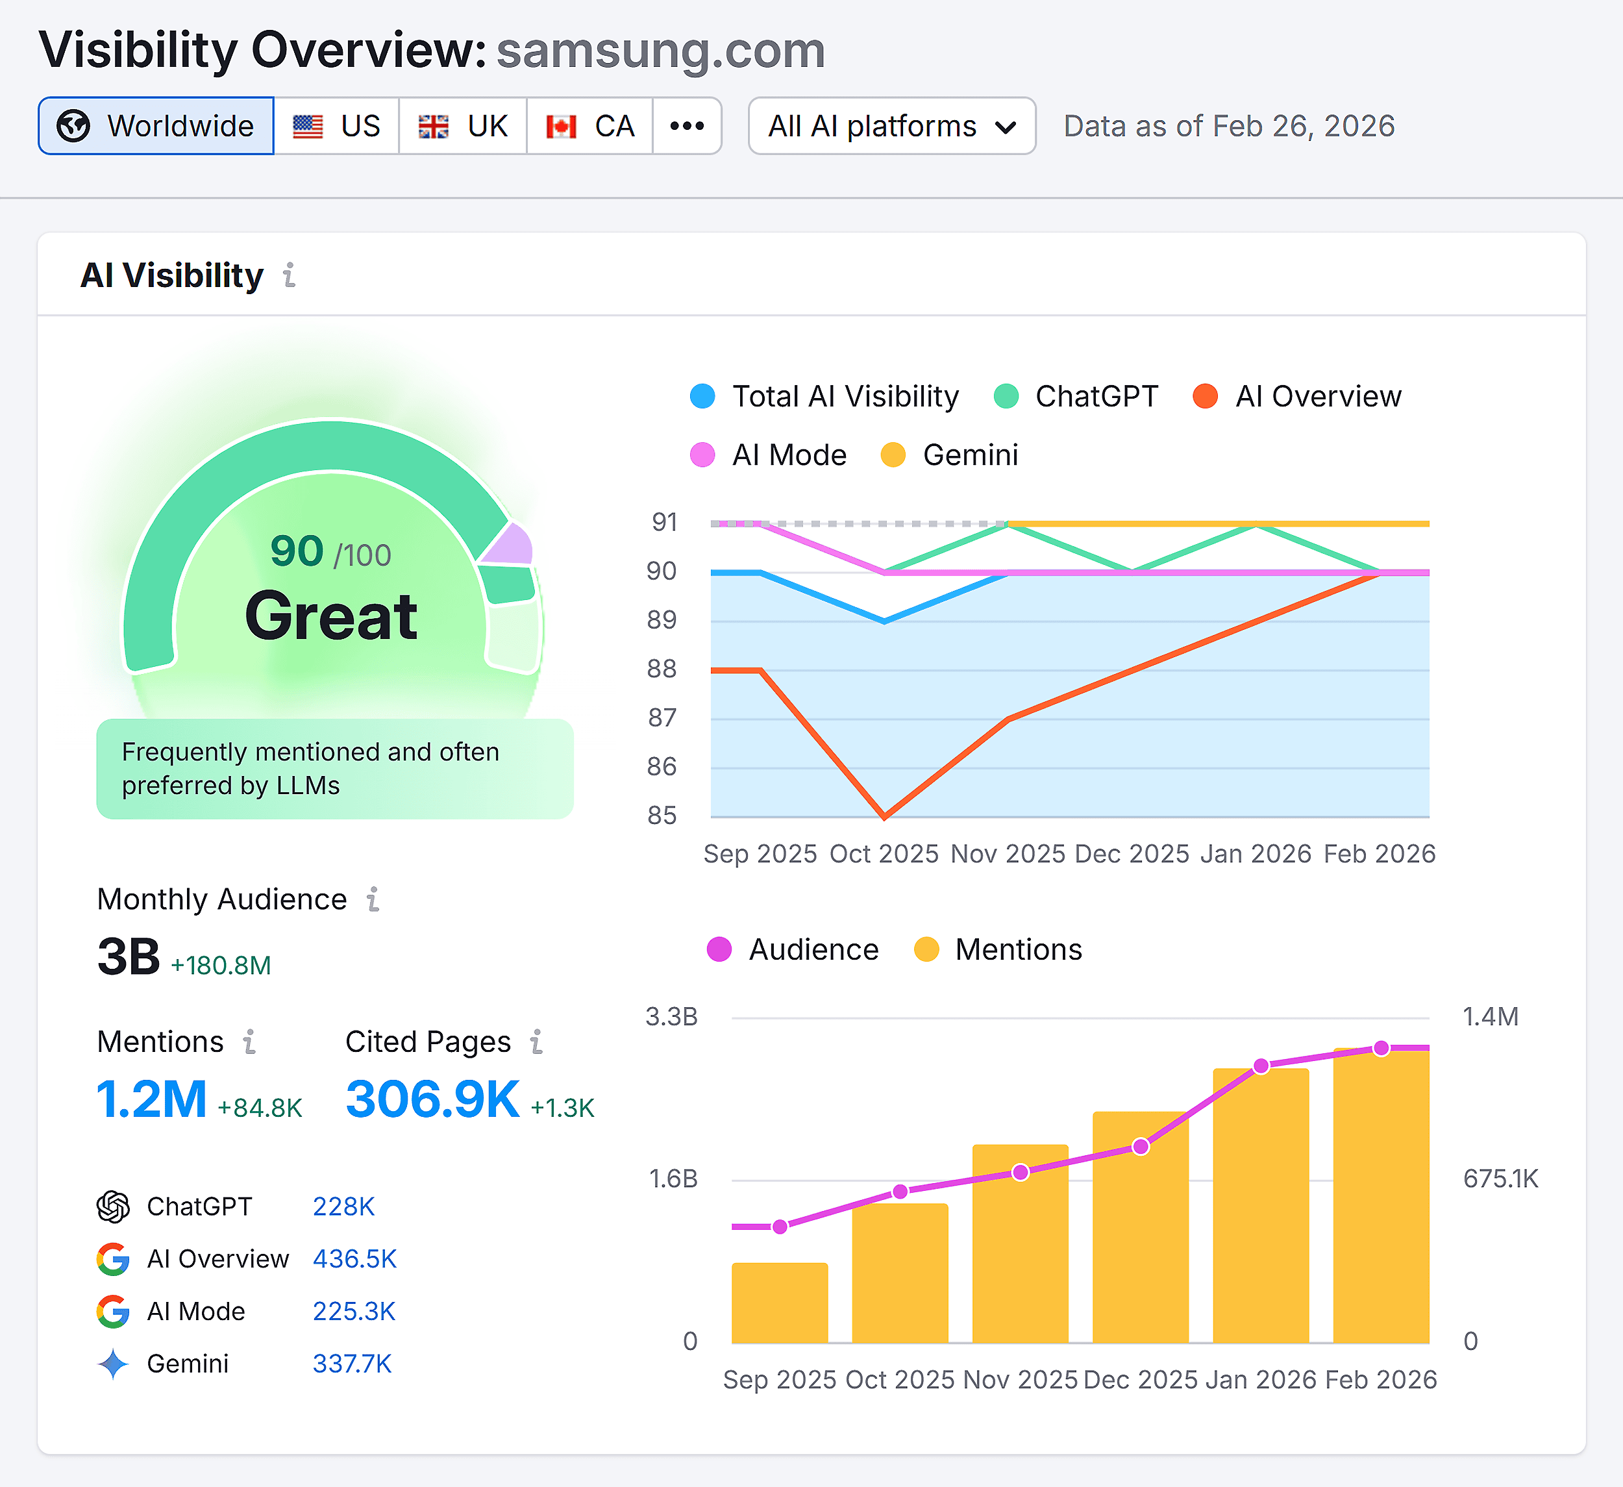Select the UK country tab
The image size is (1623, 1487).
pos(463,125)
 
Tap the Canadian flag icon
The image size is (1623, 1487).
pos(561,127)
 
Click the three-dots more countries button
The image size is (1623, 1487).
pos(687,125)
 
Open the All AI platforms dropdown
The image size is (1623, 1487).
pos(891,125)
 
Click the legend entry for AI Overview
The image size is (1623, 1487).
pos(1298,396)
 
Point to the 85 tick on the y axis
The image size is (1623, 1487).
pos(662,816)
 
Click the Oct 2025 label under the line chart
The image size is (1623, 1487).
pos(884,853)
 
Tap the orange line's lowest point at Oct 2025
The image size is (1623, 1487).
pos(885,816)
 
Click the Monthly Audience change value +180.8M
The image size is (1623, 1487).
pos(221,964)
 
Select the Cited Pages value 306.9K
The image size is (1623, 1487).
pos(432,1099)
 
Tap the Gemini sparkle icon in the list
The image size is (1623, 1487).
pos(113,1364)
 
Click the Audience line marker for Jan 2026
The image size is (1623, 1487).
pos(1261,1066)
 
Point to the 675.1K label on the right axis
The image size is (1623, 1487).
pos(1500,1179)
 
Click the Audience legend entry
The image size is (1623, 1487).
pos(793,950)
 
